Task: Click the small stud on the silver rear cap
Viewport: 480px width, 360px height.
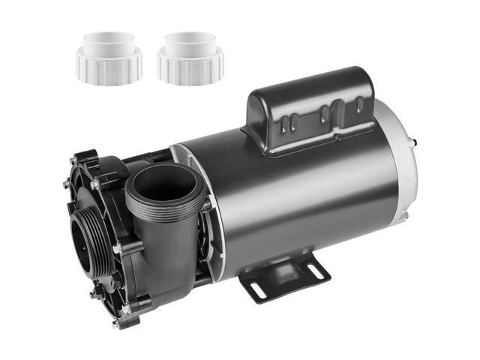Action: (x=438, y=139)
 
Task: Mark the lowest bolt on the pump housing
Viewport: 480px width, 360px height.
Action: (x=115, y=324)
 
